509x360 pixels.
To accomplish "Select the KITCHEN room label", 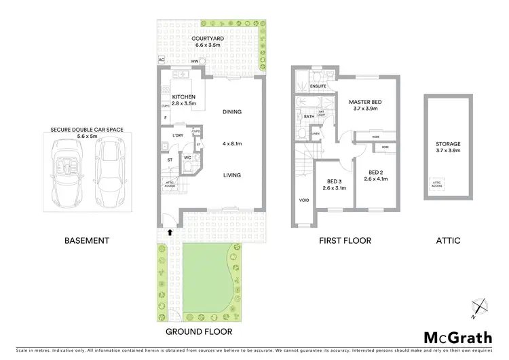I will tap(183, 97).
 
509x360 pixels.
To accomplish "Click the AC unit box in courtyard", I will tap(162, 60).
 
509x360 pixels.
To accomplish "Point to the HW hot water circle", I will tap(203, 61).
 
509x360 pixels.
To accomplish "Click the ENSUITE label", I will tap(318, 87).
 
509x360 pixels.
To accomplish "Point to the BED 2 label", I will tap(377, 173).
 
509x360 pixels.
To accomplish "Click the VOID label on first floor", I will tap(303, 201).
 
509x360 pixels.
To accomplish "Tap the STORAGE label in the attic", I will tap(448, 144).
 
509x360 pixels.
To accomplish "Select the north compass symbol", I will tap(479, 307).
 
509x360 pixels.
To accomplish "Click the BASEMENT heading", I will tap(86, 240).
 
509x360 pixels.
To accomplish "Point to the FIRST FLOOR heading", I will tap(345, 240).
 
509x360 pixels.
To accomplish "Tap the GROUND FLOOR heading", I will tap(199, 332).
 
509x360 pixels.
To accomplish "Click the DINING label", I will tap(232, 112).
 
